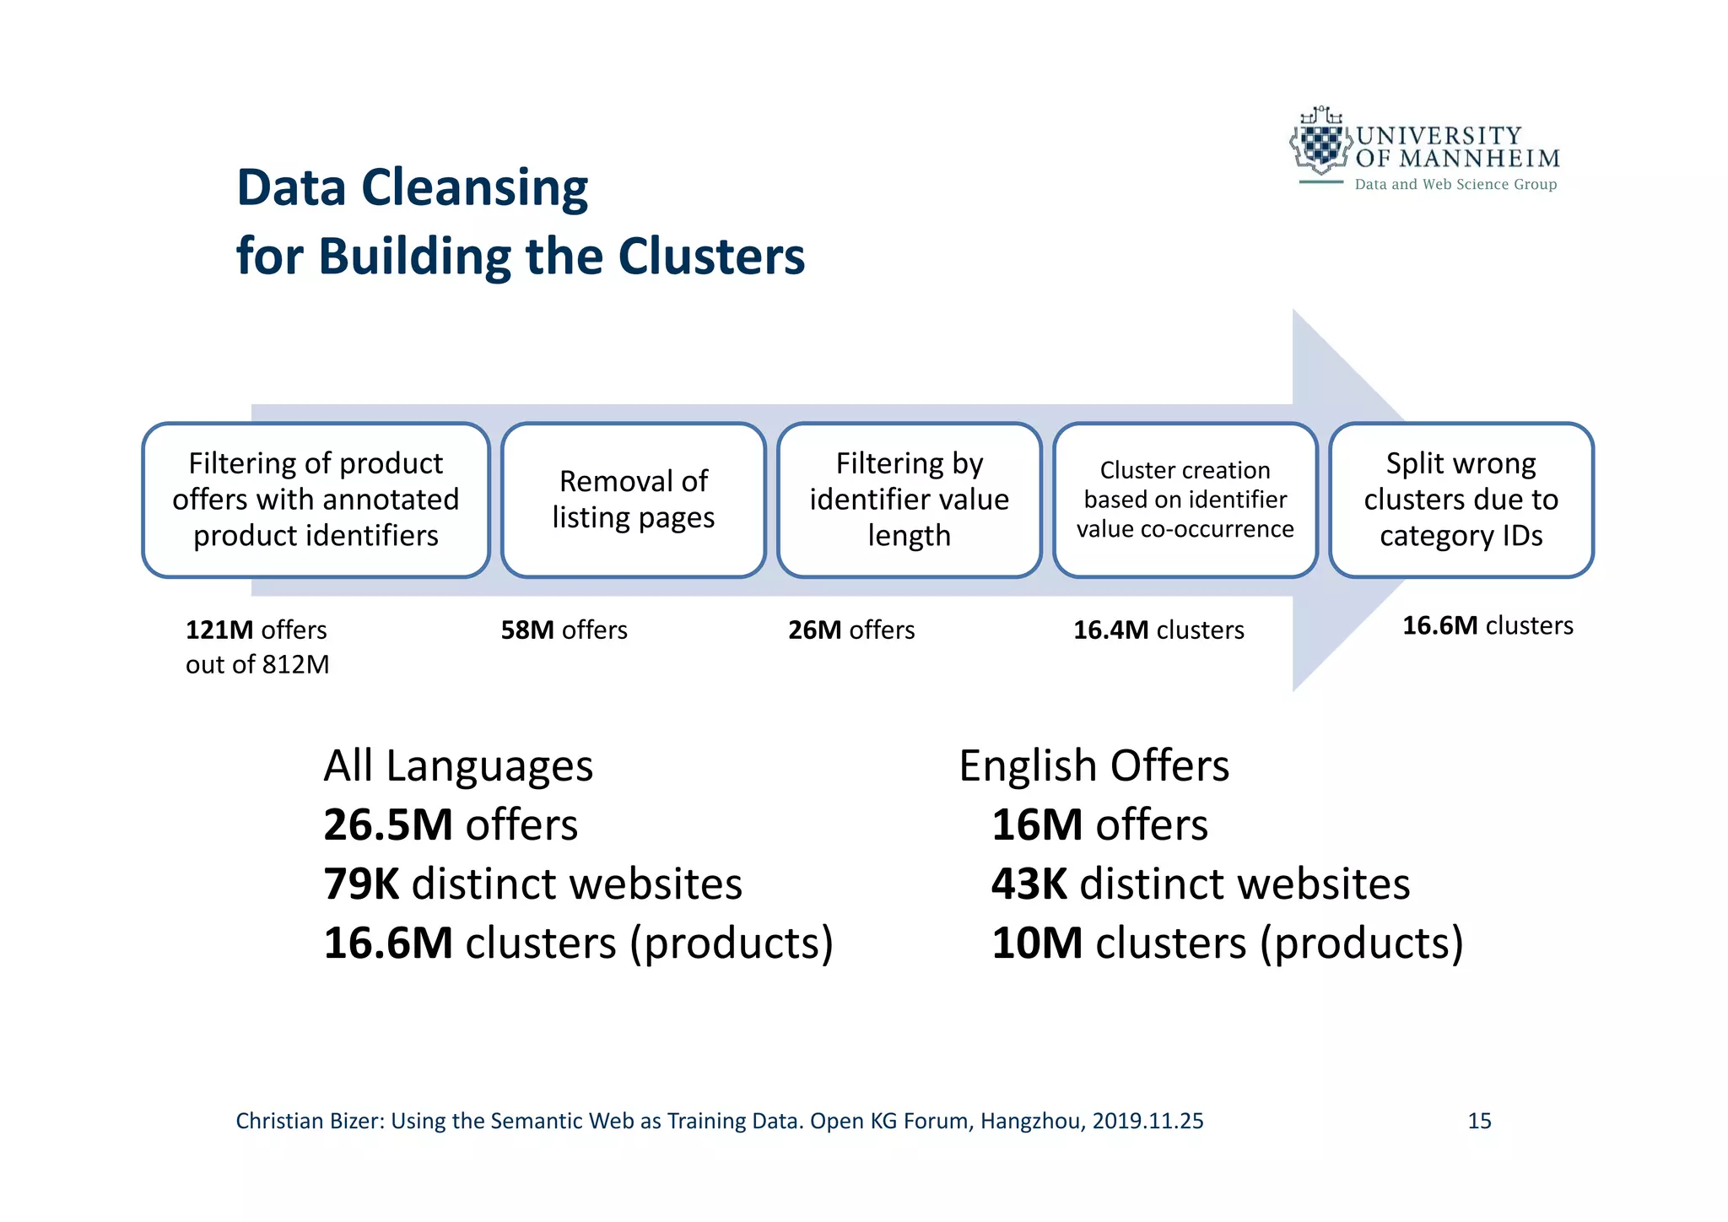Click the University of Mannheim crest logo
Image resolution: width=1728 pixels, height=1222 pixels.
[1320, 143]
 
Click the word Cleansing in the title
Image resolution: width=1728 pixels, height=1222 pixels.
[474, 187]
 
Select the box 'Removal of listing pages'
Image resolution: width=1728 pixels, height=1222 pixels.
[633, 500]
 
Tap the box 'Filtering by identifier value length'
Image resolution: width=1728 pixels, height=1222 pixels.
[909, 500]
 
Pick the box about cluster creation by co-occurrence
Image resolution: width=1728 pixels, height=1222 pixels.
[1185, 500]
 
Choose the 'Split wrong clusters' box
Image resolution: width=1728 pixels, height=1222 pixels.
[1461, 500]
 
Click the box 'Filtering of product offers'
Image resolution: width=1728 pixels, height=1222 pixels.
[316, 500]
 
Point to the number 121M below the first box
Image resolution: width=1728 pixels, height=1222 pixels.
[219, 630]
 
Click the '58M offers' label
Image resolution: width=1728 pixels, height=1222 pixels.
[564, 630]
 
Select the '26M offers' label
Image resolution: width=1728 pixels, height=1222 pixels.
[851, 630]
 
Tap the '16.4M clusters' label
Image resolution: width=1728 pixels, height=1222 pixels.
[1158, 630]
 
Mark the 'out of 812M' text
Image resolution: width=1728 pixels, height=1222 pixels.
[257, 665]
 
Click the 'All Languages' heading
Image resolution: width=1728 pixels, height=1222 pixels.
[458, 766]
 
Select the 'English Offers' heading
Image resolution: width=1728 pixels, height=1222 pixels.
[1093, 766]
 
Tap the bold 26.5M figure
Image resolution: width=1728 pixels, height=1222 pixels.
[388, 825]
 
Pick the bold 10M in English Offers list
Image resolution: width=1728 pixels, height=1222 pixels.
[1037, 944]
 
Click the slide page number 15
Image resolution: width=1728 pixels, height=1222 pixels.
[1479, 1121]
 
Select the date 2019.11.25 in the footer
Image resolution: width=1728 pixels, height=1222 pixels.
[1147, 1121]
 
